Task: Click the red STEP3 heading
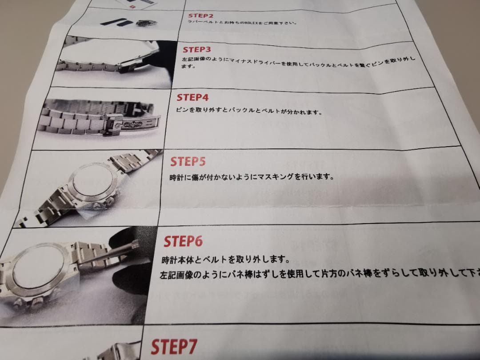[x=197, y=49]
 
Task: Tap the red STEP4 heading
[x=192, y=97]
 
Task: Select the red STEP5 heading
[x=188, y=161]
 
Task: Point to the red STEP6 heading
[x=183, y=241]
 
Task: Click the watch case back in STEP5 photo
[x=91, y=184]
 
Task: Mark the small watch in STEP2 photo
[x=144, y=22]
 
